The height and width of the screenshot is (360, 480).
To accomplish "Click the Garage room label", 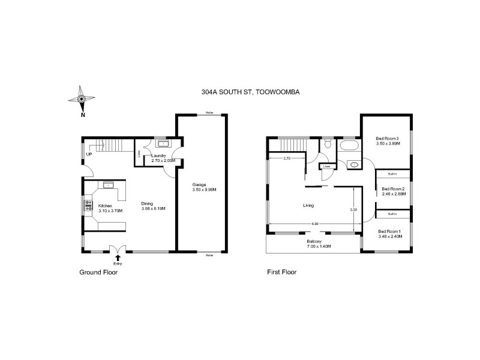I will [x=200, y=184].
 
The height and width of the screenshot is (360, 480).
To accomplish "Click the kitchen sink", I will [x=109, y=184].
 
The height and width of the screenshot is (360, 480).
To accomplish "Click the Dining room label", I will [x=148, y=203].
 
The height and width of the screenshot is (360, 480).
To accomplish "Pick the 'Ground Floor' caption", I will [x=98, y=272].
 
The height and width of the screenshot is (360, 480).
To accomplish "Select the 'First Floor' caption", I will [x=281, y=272].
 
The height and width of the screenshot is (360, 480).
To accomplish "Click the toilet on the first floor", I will [x=328, y=144].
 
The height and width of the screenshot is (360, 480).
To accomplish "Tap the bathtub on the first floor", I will [x=349, y=146].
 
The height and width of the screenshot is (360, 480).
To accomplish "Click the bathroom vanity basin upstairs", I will [x=353, y=164].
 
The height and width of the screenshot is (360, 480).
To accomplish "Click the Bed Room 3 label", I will [x=387, y=139].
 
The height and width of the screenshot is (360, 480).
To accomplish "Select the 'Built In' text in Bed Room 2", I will [x=392, y=174].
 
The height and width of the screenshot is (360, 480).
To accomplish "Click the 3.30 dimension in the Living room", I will [x=353, y=209].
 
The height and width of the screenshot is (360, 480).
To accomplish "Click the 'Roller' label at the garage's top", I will [x=209, y=113].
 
